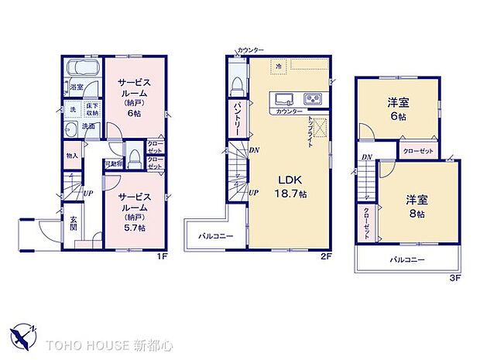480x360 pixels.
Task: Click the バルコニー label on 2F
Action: point(213,235)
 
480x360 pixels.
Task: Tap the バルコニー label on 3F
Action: point(406,259)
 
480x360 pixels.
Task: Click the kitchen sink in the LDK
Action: point(283,98)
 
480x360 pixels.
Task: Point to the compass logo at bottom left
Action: point(23,334)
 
